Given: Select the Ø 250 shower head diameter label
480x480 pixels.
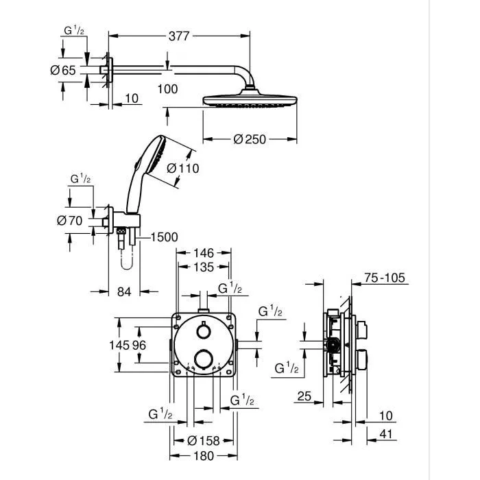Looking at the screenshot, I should coord(250,139).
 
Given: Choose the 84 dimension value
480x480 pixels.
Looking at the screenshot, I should coord(123,292).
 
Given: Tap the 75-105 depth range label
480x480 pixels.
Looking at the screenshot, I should coord(385,278).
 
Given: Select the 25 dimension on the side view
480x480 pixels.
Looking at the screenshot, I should coord(304,396).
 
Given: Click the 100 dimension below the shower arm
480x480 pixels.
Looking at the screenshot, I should coord(167,88).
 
